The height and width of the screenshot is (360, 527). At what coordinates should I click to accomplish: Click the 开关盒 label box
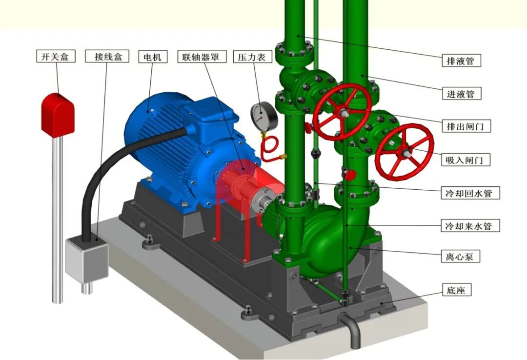(56, 56)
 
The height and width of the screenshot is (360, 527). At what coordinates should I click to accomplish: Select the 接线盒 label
(107, 56)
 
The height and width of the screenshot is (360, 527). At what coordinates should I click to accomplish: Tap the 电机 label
(153, 57)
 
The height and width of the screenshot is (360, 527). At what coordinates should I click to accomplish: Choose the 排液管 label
(461, 61)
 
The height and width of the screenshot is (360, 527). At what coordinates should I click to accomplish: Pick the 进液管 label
(461, 94)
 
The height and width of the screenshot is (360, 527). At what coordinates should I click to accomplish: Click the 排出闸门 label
(466, 126)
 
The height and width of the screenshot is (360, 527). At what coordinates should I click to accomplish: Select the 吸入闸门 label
(466, 160)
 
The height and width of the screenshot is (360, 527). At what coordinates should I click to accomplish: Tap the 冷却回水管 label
(470, 193)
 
